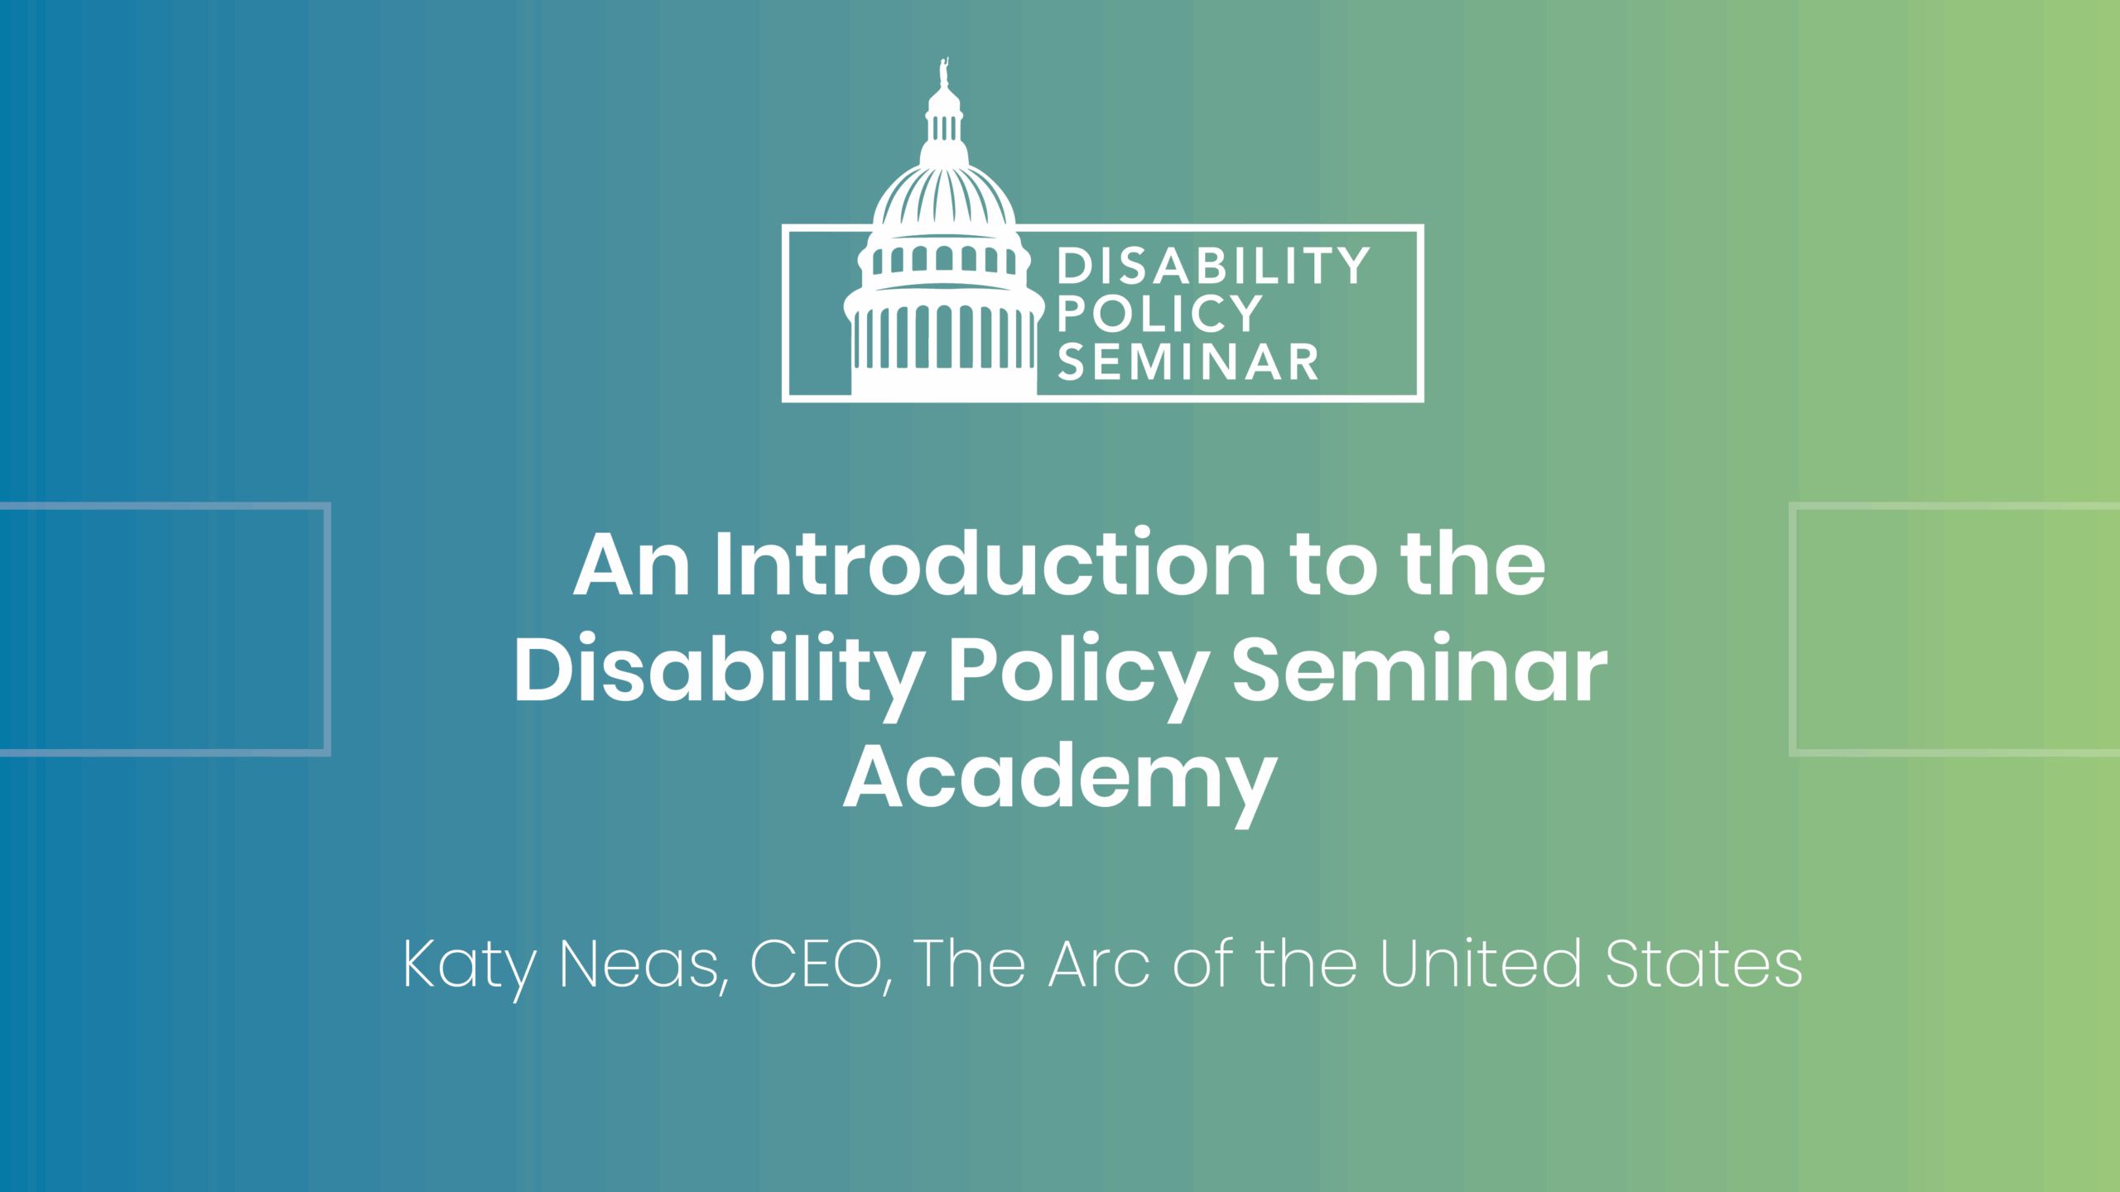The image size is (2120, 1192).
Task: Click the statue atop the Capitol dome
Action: click(x=943, y=72)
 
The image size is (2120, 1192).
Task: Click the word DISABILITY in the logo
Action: click(x=1213, y=267)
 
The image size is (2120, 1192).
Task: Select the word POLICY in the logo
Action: click(x=1159, y=314)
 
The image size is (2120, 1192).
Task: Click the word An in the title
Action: click(x=631, y=565)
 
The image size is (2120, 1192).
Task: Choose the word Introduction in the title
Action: click(x=990, y=563)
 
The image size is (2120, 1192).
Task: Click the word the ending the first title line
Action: click(x=1472, y=563)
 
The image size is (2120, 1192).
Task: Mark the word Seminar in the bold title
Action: click(x=1419, y=667)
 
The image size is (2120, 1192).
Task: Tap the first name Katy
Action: click(x=470, y=967)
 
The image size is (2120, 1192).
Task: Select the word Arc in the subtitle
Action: click(x=1100, y=964)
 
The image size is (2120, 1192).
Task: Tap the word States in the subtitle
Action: click(x=1703, y=964)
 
